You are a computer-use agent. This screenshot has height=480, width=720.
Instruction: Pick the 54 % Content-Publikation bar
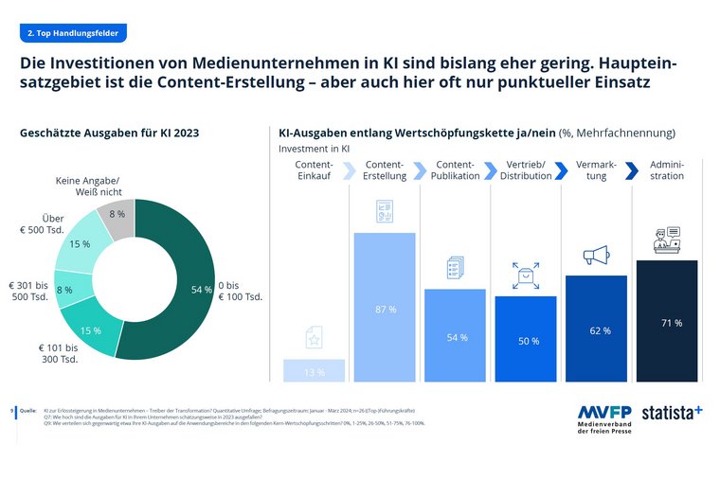[456, 337]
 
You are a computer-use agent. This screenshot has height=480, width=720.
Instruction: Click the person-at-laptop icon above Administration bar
[667, 240]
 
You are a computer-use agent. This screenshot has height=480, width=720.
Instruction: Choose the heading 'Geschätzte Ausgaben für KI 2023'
[110, 133]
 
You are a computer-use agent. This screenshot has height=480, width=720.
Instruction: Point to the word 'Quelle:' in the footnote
[27, 411]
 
